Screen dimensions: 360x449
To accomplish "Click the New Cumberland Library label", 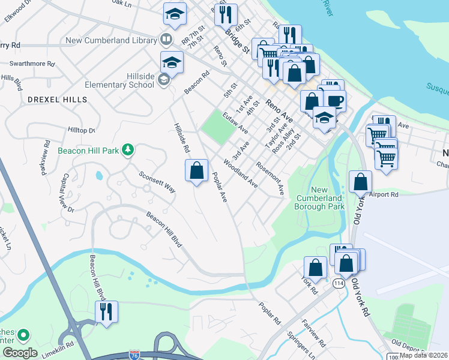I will (109, 41).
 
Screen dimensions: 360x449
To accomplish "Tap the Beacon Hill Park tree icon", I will (127, 149).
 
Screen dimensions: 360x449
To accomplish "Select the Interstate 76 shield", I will (136, 355).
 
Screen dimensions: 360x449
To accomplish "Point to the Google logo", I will (20, 353).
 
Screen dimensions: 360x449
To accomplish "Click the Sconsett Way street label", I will (157, 182).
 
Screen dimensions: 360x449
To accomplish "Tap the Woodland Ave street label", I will (240, 174).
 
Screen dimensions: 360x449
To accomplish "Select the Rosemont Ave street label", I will (270, 178).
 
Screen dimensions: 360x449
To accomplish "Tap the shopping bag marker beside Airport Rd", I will (360, 182).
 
